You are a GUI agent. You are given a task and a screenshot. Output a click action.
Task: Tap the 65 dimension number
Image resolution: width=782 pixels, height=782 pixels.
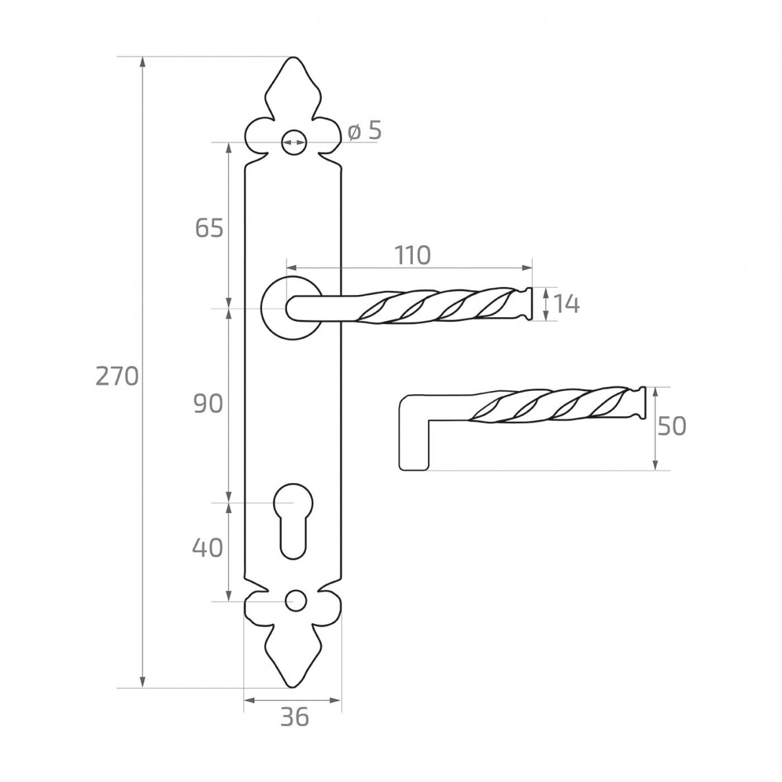pyautogui.click(x=209, y=228)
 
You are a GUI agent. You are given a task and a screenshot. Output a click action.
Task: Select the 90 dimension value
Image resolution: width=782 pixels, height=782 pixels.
pyautogui.click(x=208, y=404)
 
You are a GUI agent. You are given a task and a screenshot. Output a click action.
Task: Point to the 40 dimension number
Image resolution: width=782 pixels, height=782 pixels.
pyautogui.click(x=207, y=548)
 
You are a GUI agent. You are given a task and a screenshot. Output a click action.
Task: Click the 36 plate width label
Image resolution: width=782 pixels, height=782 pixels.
pyautogui.click(x=294, y=717)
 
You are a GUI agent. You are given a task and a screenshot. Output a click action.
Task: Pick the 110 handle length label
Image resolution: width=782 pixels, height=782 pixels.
pyautogui.click(x=413, y=255)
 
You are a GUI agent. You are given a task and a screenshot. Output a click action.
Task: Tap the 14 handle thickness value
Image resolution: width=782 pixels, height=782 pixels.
pyautogui.click(x=567, y=303)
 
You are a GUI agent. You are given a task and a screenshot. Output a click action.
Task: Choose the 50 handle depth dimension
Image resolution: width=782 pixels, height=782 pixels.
pyautogui.click(x=672, y=427)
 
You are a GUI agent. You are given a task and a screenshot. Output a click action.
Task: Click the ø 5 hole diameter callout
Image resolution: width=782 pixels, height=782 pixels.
pyautogui.click(x=365, y=131)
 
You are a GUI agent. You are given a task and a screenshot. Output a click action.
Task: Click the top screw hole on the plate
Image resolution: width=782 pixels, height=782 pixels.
pyautogui.click(x=293, y=142)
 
